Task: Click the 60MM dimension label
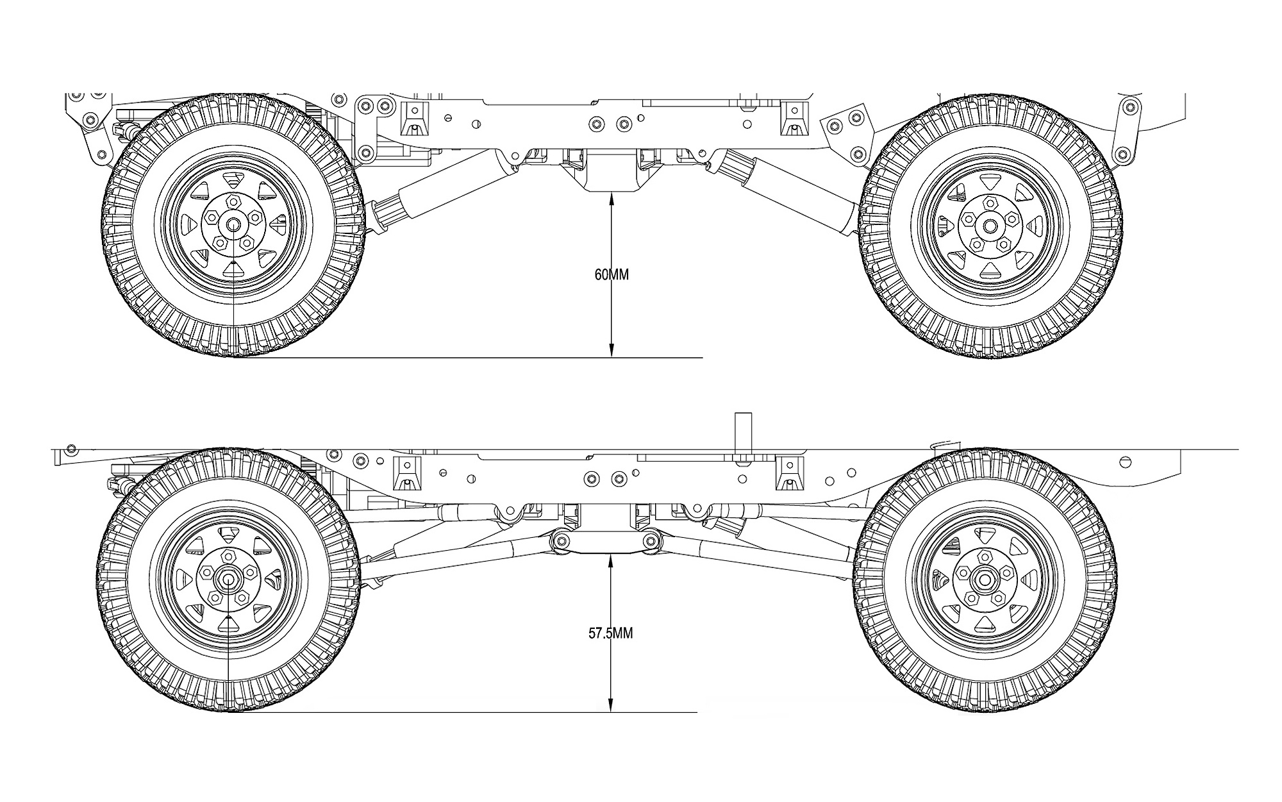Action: click(612, 275)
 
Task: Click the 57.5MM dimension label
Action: click(610, 633)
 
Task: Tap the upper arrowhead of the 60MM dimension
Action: click(612, 198)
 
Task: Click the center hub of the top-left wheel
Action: click(232, 224)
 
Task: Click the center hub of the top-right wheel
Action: click(989, 226)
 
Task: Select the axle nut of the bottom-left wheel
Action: click(228, 579)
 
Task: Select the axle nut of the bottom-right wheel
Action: click(983, 580)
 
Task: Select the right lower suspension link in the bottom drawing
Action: click(769, 556)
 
